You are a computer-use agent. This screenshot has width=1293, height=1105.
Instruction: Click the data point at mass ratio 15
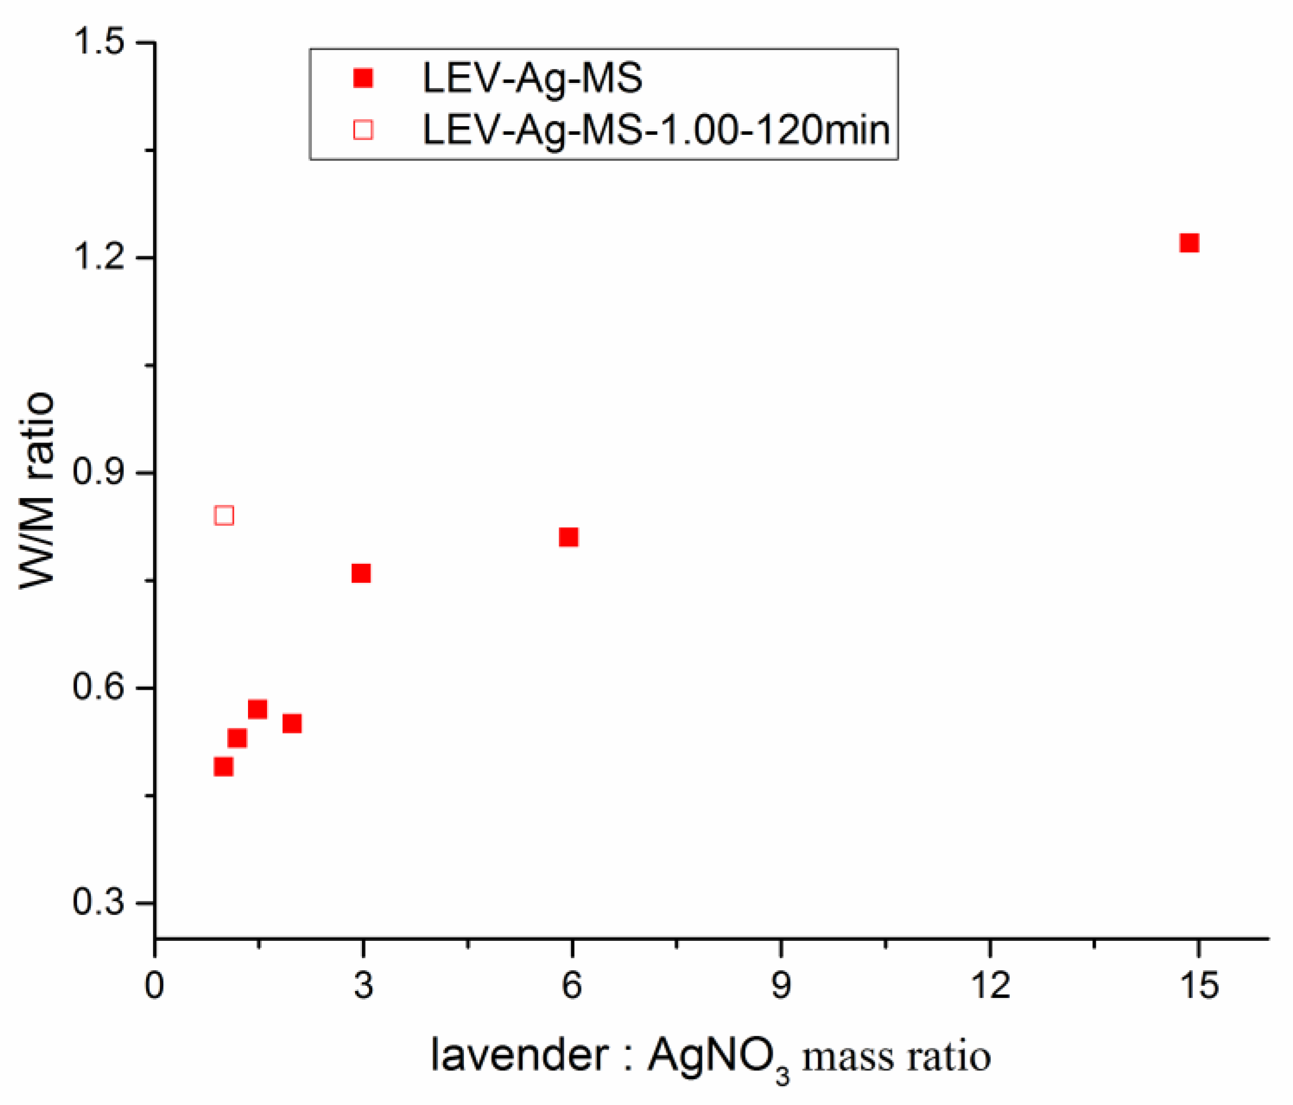[x=1189, y=243]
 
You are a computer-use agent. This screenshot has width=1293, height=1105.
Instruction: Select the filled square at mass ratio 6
[x=569, y=537]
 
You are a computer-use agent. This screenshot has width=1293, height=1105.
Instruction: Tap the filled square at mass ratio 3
[x=361, y=573]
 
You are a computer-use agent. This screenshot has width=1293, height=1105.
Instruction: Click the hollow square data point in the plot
[x=224, y=516]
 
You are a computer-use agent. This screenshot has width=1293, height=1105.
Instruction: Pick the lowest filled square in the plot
[x=223, y=766]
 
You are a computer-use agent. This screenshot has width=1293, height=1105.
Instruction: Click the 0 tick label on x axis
[x=155, y=986]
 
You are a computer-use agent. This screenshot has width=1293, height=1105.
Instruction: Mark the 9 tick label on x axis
[x=781, y=986]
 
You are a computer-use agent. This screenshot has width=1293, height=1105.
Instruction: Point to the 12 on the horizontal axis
[x=990, y=986]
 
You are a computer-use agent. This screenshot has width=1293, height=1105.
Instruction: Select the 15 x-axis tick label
[x=1199, y=986]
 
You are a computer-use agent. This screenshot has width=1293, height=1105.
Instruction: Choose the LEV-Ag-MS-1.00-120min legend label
[x=656, y=130]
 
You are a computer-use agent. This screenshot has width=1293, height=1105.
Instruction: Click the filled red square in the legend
[x=363, y=78]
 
